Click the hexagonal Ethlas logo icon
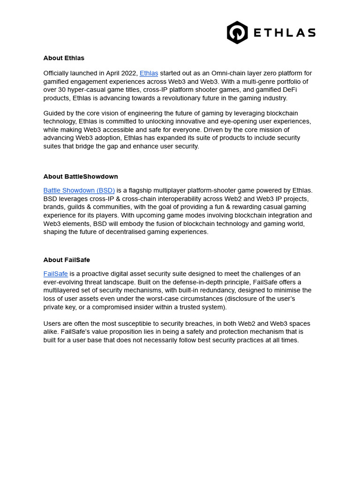pyautogui.click(x=237, y=33)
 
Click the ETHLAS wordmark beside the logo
pyautogui.click(x=285, y=33)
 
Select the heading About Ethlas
pyautogui.click(x=64, y=58)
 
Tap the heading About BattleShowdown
pyautogui.click(x=81, y=177)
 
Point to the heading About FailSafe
pyautogui.click(x=67, y=260)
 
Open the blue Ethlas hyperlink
pyautogui.click(x=149, y=73)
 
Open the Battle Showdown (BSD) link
pyautogui.click(x=79, y=190)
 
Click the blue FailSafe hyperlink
pyautogui.click(x=55, y=274)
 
